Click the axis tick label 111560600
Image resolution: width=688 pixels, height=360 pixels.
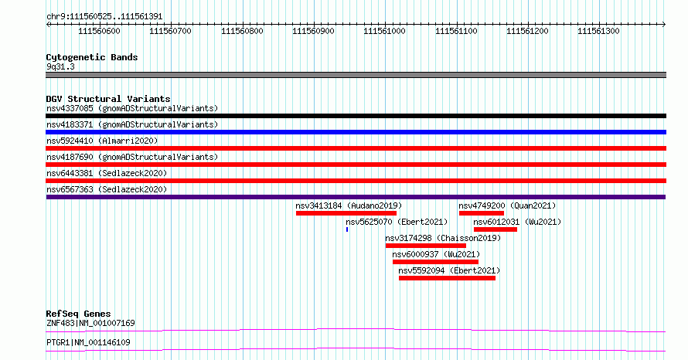pyautogui.click(x=99, y=31)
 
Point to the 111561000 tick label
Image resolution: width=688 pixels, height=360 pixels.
pyautogui.click(x=384, y=31)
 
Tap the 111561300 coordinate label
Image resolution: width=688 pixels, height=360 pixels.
pyautogui.click(x=598, y=31)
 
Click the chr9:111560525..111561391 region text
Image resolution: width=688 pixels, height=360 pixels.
pyautogui.click(x=104, y=17)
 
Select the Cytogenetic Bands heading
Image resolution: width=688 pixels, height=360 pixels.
pyautogui.click(x=92, y=57)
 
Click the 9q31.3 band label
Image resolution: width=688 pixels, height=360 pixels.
pyautogui.click(x=60, y=66)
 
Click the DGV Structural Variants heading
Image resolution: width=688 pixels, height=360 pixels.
pyautogui.click(x=108, y=99)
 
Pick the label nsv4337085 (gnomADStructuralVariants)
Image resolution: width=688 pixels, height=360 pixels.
pyautogui.click(x=132, y=108)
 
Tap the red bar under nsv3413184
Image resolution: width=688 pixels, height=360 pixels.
pyautogui.click(x=346, y=213)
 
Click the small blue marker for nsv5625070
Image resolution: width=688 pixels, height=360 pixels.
pyautogui.click(x=347, y=229)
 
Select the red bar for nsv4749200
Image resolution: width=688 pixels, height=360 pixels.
pyautogui.click(x=482, y=213)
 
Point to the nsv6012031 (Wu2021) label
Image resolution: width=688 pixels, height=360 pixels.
pyautogui.click(x=517, y=222)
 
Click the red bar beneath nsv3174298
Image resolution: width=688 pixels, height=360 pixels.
pyautogui.click(x=426, y=246)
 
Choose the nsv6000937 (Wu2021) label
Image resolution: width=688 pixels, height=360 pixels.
pyautogui.click(x=436, y=254)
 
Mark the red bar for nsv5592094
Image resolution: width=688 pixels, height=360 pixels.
pyautogui.click(x=447, y=278)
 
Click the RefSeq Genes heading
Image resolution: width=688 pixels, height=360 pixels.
pyautogui.click(x=79, y=314)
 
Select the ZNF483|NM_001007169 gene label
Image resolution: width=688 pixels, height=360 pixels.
pyautogui.click(x=90, y=323)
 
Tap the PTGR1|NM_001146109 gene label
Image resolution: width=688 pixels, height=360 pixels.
pyautogui.click(x=88, y=342)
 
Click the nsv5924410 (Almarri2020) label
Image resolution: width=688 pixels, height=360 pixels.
pyautogui.click(x=102, y=141)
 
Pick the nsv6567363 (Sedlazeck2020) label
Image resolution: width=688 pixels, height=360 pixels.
pyautogui.click(x=107, y=189)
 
